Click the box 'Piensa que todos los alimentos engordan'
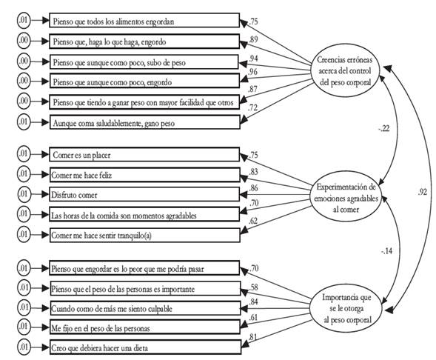pos(144,20)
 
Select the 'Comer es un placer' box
pos(144,155)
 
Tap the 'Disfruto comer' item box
pos(144,194)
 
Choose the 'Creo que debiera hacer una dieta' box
pos(145,347)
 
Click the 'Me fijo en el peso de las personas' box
pos(145,327)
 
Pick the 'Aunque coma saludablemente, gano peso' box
pos(145,122)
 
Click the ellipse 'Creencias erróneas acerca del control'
pos(344,71)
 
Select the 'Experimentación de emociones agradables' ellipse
pos(346,198)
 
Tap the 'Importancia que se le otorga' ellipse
pos(346,308)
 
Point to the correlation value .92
pos(422,192)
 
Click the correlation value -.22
pos(384,129)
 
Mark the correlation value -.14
pos(387,250)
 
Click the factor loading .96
pos(252,72)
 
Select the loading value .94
pos(253,58)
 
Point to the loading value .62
pos(252,221)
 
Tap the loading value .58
pos(253,287)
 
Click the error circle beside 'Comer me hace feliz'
pos(24,174)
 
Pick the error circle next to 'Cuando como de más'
pos(24,307)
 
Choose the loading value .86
pos(253,188)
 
